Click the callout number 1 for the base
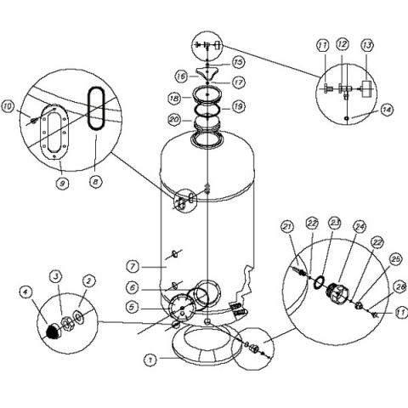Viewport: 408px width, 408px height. [150, 360]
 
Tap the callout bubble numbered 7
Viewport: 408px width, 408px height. [133, 267]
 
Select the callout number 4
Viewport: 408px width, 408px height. [26, 292]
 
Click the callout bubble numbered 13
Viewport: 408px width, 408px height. [367, 45]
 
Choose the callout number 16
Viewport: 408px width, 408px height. [181, 76]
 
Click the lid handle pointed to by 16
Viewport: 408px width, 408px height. [207, 74]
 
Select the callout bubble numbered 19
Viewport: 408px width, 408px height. [238, 106]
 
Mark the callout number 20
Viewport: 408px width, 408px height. [174, 119]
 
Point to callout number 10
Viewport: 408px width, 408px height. [8, 107]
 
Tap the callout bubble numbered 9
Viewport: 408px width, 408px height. [62, 184]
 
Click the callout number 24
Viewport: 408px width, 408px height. [360, 227]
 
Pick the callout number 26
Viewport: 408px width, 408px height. [400, 287]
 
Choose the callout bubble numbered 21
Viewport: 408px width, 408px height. [288, 227]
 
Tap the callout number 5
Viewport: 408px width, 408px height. [132, 307]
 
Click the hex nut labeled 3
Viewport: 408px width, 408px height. [67, 323]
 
